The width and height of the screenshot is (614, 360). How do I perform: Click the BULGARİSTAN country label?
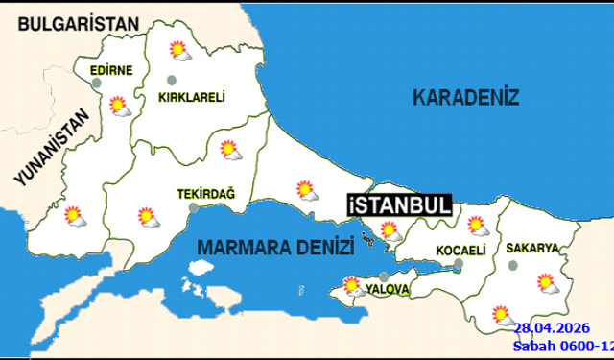(79, 23)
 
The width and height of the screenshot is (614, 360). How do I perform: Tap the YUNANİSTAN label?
(51, 145)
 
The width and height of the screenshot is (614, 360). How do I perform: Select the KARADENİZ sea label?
(465, 97)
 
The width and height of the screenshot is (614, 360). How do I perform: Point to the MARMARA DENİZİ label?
(270, 248)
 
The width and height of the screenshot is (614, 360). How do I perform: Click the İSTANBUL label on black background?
(397, 205)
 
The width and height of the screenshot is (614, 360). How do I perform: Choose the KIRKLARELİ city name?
(192, 96)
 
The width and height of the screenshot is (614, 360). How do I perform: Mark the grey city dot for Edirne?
(99, 84)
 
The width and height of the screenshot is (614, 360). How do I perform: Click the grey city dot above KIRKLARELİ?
(172, 81)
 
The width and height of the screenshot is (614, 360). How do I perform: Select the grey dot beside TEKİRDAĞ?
(193, 206)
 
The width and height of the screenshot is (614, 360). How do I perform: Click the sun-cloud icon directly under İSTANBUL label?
(390, 230)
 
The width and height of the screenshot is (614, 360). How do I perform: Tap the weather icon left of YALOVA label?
(352, 285)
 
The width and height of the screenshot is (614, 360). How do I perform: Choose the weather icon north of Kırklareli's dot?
(178, 51)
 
